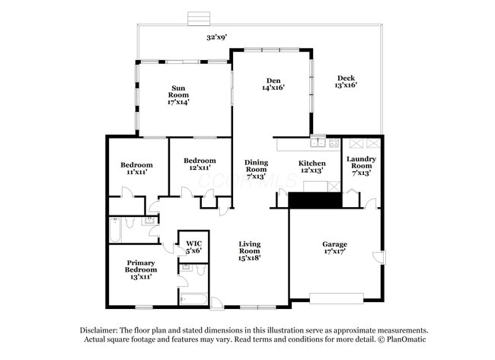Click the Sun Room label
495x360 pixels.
[x=179, y=94]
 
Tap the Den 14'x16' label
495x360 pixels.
[x=273, y=84]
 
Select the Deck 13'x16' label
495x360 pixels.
[x=346, y=81]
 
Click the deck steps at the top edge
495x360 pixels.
[x=198, y=18]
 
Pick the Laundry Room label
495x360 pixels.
[x=361, y=165]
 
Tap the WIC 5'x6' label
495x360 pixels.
[x=193, y=247]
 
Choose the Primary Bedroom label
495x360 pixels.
[x=141, y=269]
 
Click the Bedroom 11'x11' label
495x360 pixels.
[x=136, y=168]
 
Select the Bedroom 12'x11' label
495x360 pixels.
[x=199, y=164]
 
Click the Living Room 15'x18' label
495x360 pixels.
[x=250, y=250]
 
